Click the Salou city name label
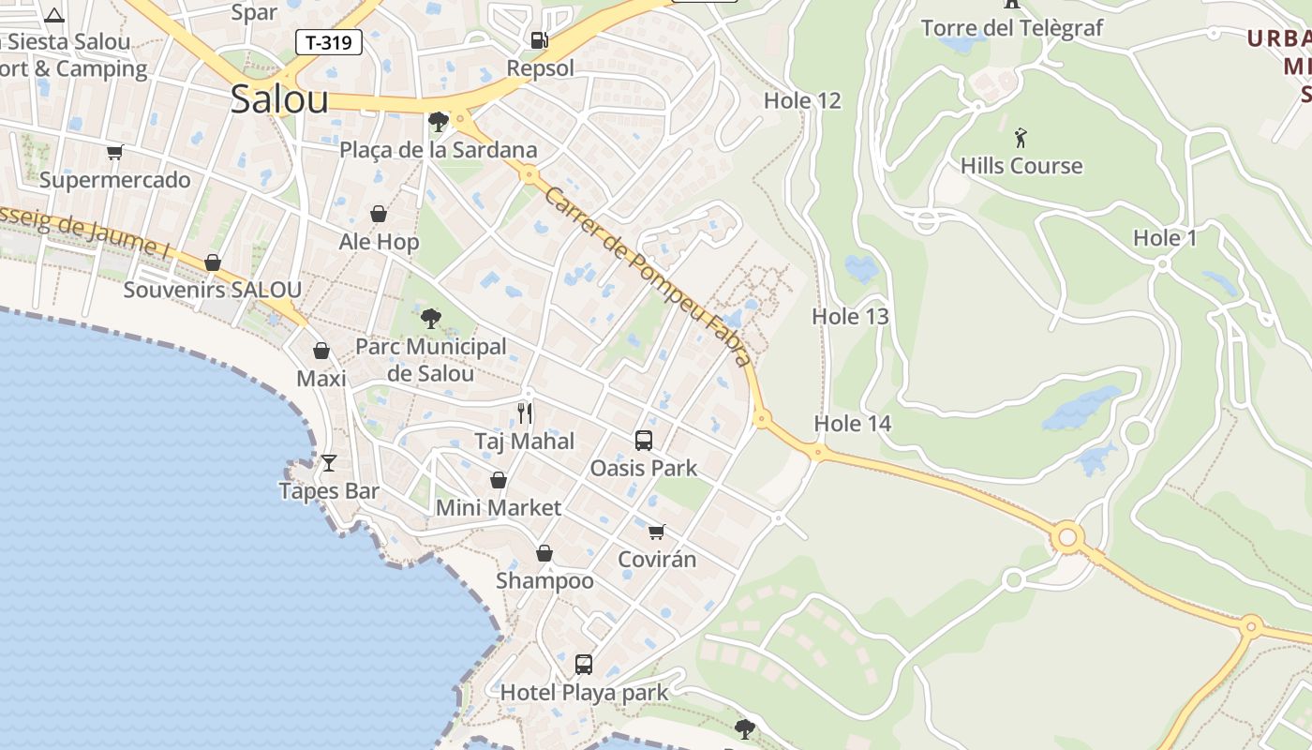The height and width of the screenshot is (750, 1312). pos(279,98)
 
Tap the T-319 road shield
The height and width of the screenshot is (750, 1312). pos(329,42)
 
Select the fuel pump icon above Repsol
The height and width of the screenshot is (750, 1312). pos(539,39)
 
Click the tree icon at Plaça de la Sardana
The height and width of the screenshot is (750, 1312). pos(437,121)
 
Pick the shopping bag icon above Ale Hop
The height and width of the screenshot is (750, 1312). pos(379,214)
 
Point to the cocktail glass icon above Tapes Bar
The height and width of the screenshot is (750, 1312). pos(329,462)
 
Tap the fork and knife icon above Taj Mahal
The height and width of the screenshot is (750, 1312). pos(525,412)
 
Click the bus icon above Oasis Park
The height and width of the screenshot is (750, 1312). pos(643,440)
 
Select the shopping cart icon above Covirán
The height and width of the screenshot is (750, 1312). pos(657,532)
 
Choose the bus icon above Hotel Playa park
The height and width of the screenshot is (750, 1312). pos(583,665)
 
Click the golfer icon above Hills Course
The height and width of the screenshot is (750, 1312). pos(1021,139)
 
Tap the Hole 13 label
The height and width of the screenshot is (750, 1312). pos(850,317)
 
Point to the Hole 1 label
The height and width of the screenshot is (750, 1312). pos(1165,238)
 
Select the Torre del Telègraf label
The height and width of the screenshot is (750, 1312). pos(1012,28)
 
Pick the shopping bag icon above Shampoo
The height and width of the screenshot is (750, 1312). pos(544,553)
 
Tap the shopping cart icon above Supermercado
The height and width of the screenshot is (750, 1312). pos(114,152)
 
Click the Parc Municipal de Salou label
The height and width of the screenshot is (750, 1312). pos(431,359)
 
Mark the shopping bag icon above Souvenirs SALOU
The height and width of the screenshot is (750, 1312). pos(213,262)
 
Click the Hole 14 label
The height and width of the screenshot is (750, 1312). pos(852,424)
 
